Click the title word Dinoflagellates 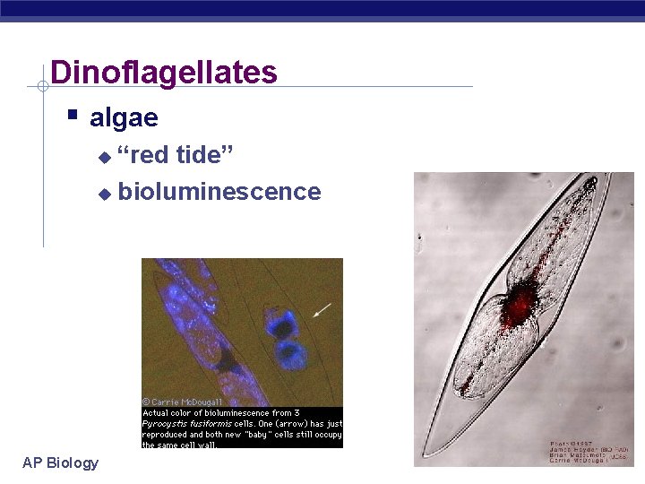(x=164, y=72)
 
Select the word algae (x=124, y=117)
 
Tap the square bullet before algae (x=73, y=116)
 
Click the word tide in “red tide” (x=205, y=155)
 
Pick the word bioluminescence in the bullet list (x=219, y=191)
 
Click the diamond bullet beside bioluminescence (x=104, y=193)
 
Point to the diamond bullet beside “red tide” (x=104, y=157)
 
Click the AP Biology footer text (x=60, y=462)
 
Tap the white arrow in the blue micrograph (x=322, y=310)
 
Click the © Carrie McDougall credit (x=183, y=402)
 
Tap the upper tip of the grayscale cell (x=589, y=182)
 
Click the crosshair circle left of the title (x=42, y=87)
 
